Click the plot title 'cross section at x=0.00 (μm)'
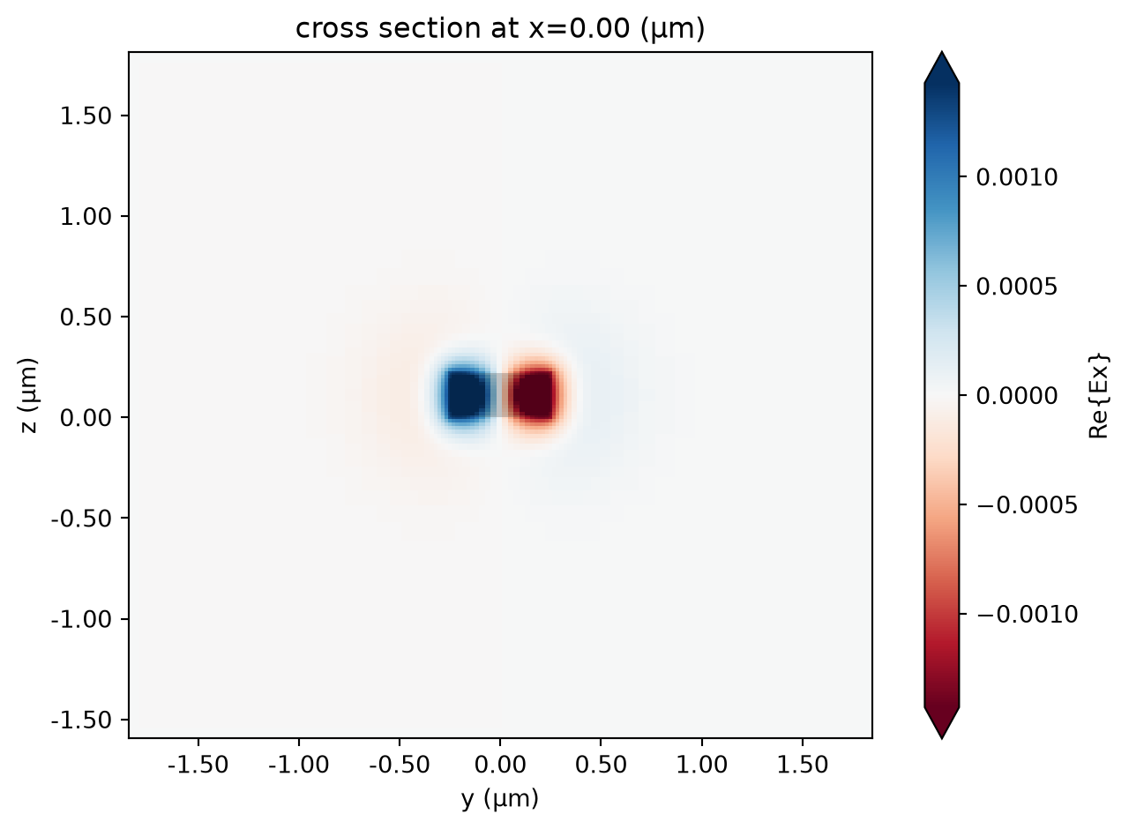click(x=500, y=28)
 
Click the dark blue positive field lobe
click(x=465, y=394)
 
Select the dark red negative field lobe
click(x=534, y=394)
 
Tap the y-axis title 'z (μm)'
click(x=28, y=395)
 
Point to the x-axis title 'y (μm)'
click(x=500, y=798)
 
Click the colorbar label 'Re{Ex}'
click(x=1099, y=396)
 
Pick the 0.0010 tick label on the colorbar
click(x=1017, y=177)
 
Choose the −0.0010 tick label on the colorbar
click(x=1027, y=614)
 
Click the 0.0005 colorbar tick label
click(x=1017, y=287)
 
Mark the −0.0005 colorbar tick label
click(x=1027, y=504)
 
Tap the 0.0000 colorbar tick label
click(x=1017, y=396)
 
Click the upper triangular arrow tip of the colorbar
click(x=941, y=51)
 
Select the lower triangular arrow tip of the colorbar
click(x=941, y=738)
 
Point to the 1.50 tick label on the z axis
click(x=86, y=116)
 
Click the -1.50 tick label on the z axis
click(x=80, y=720)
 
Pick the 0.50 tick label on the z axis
click(x=86, y=317)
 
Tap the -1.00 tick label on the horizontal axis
click(x=298, y=765)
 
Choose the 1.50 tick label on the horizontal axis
click(x=803, y=765)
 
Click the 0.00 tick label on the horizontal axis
click(x=500, y=765)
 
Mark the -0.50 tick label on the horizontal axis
click(x=400, y=765)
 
